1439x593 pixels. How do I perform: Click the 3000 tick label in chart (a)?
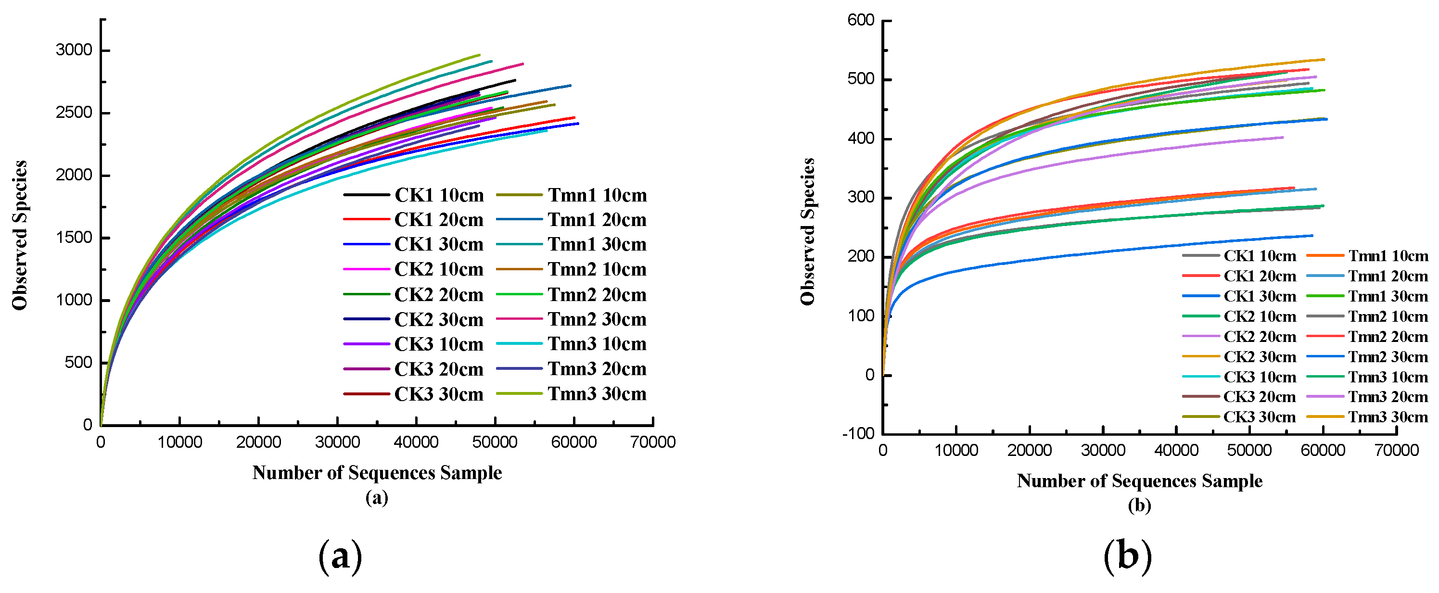pyautogui.click(x=74, y=50)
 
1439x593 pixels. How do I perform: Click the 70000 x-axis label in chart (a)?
pyautogui.click(x=652, y=443)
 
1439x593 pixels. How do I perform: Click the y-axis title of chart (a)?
pyautogui.click(x=20, y=235)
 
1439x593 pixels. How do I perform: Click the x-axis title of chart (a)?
pyautogui.click(x=377, y=473)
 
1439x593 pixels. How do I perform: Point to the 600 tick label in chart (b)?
pyautogui.click(x=861, y=21)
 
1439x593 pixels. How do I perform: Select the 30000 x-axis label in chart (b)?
pyautogui.click(x=1103, y=451)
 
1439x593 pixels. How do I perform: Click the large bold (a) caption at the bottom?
pyautogui.click(x=340, y=557)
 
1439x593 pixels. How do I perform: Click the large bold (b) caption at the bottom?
pyautogui.click(x=1127, y=557)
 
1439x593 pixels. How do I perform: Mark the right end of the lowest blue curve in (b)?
pyautogui.click(x=1312, y=236)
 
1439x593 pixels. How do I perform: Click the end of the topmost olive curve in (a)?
pyautogui.click(x=479, y=55)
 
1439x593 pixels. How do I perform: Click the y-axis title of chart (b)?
pyautogui.click(x=808, y=232)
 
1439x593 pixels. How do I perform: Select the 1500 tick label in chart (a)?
pyautogui.click(x=74, y=238)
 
